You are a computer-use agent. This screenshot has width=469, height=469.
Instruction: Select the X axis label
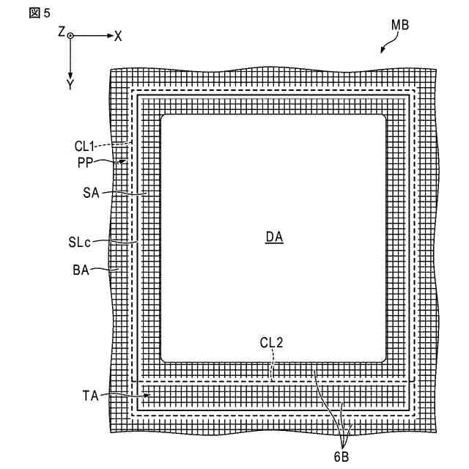pyautogui.click(x=118, y=35)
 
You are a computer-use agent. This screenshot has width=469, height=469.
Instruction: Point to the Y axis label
pyautogui.click(x=70, y=85)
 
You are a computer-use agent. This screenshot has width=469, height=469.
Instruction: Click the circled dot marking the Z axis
pyautogui.click(x=70, y=35)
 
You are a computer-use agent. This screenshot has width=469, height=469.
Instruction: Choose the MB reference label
pyautogui.click(x=399, y=24)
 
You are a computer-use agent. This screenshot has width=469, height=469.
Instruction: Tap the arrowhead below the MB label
pyautogui.click(x=382, y=51)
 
